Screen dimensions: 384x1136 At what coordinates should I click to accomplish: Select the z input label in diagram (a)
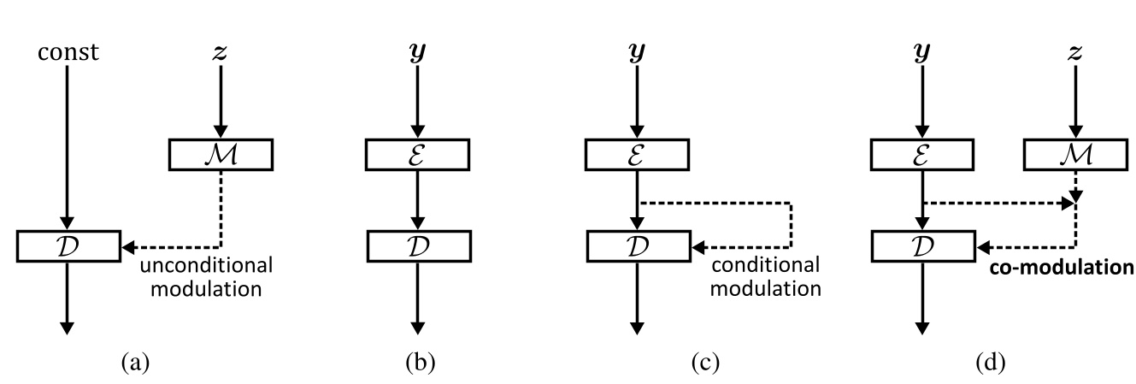[x=221, y=53]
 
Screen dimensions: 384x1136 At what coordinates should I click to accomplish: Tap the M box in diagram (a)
[x=221, y=154]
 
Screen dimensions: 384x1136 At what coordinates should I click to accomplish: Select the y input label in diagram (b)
[x=418, y=53]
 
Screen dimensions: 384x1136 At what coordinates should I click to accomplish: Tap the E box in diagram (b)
[x=418, y=154]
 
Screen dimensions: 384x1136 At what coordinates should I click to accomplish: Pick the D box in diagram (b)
[x=418, y=247]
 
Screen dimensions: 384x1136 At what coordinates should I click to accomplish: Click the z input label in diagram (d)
[x=1075, y=53]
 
